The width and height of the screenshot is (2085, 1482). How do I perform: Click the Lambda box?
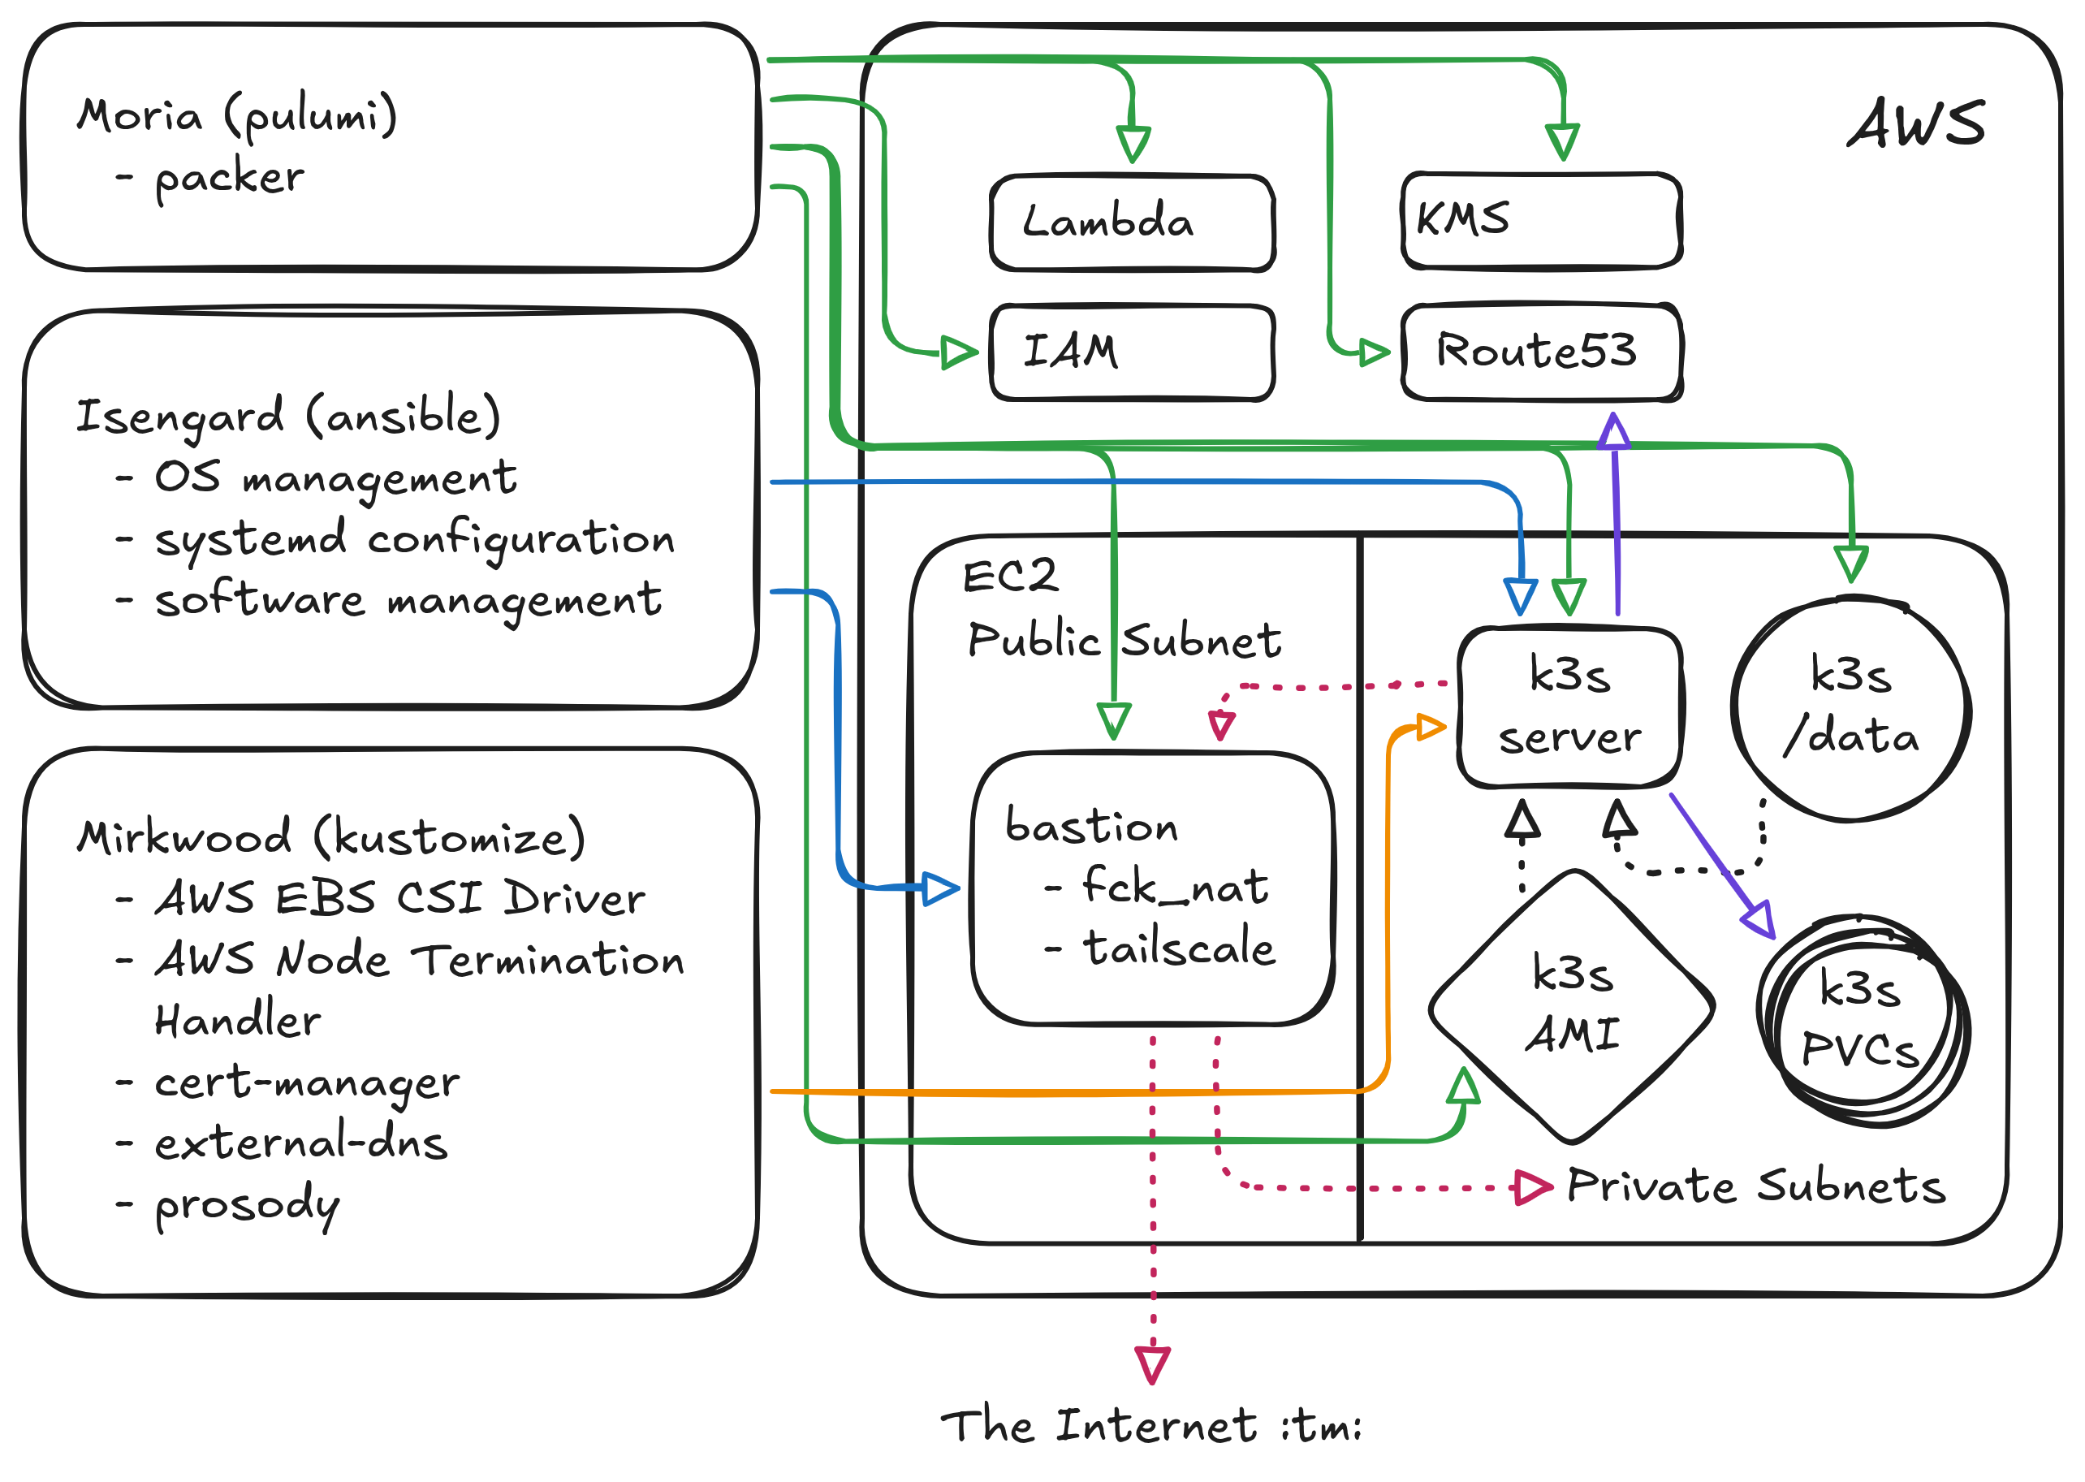point(1132,223)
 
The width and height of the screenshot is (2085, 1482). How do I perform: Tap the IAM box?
point(1132,352)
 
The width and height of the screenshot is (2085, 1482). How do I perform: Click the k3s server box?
point(1569,706)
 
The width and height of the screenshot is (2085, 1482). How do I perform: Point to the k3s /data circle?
point(1850,708)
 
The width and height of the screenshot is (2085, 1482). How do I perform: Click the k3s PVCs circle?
point(1862,1018)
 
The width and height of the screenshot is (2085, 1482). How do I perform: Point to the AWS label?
point(1916,124)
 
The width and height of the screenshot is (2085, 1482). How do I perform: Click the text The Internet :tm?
point(1151,1425)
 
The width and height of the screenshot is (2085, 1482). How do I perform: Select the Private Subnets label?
point(1756,1186)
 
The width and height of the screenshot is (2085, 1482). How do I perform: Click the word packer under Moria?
point(229,177)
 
